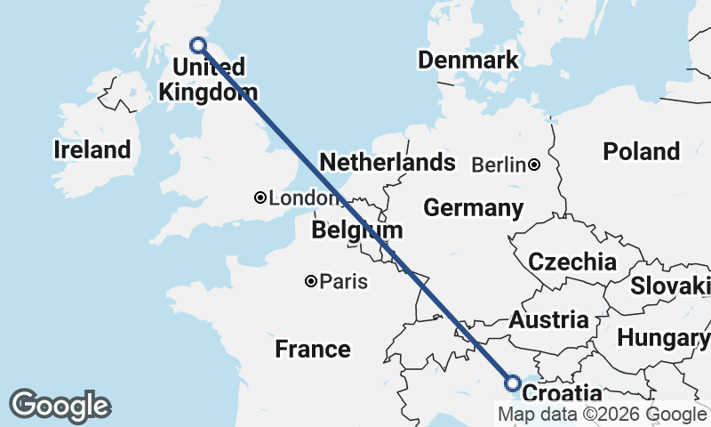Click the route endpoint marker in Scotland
pos(198,45)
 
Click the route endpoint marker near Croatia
pos(513,383)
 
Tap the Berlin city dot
pos(534,165)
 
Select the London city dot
pos(260,197)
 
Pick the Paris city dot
pos(310,281)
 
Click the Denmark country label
pos(467,60)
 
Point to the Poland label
pos(641,151)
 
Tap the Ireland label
pos(92,149)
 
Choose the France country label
pos(312,349)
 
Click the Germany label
pos(473,208)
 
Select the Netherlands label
pos(387,163)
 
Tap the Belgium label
pos(356,230)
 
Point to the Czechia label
pos(572,262)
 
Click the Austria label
pos(548,320)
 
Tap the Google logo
pos(60,406)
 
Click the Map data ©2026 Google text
pos(602,415)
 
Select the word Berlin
pos(499,165)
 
